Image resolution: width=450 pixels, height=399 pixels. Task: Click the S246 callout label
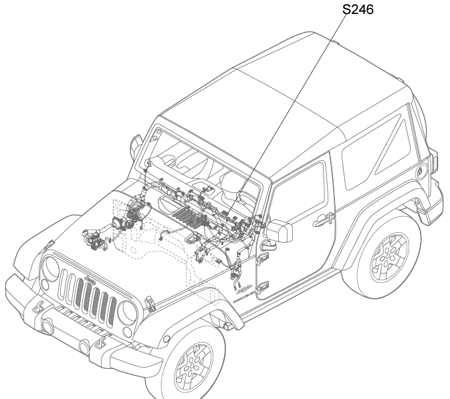click(358, 9)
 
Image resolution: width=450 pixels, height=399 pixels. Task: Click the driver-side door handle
click(323, 220)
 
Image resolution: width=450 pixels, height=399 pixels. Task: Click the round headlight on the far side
click(51, 268)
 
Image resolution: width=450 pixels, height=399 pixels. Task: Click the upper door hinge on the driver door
click(261, 259)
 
